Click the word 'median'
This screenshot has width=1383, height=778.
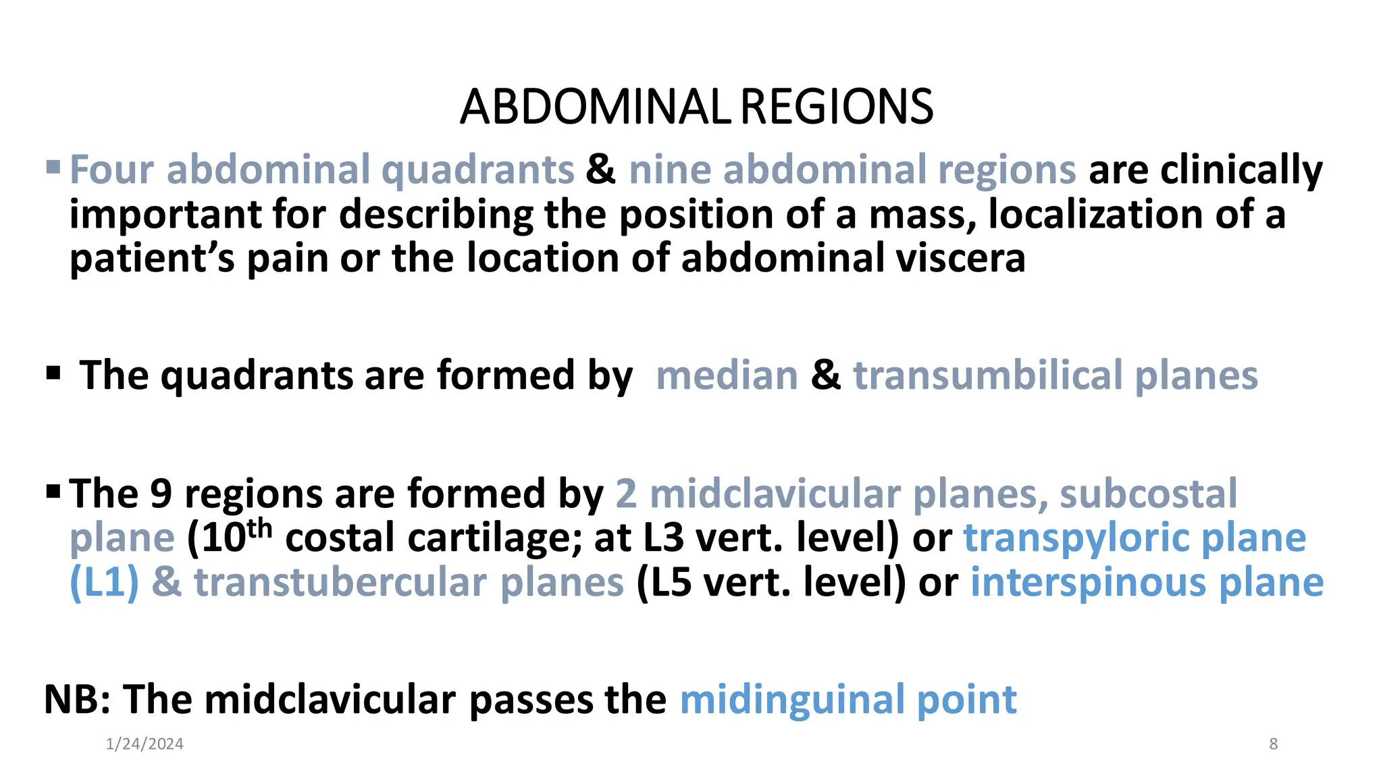[727, 375]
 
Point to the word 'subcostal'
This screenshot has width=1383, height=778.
[1148, 493]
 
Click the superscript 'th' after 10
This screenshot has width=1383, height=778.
[259, 529]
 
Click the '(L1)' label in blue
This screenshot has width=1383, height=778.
[104, 582]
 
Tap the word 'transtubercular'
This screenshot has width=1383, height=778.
[341, 582]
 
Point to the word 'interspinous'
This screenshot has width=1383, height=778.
[1088, 582]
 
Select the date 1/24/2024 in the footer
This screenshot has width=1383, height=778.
[145, 744]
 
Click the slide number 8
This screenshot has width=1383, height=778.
[1273, 744]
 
